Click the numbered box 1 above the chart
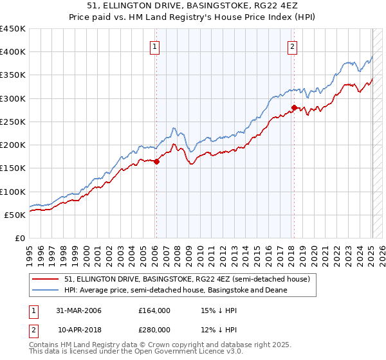156,46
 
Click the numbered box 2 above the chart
292,46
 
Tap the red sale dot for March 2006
156,161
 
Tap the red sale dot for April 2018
294,107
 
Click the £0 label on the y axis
19,238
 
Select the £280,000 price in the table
154,329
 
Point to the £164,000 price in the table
154,310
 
